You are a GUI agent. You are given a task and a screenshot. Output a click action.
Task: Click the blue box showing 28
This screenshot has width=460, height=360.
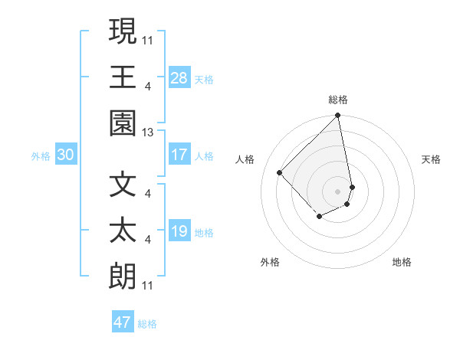[x=179, y=77]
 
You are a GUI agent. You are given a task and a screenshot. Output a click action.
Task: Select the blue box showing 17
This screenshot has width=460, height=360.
[x=179, y=155]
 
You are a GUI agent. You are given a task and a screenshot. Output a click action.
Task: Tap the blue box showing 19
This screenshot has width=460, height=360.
[x=179, y=231]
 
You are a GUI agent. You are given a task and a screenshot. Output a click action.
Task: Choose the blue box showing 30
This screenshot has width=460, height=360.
[x=66, y=155]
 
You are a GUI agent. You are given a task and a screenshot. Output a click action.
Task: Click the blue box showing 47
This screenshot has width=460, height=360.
[x=123, y=322]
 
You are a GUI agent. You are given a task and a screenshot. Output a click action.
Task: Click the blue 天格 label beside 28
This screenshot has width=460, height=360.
[x=204, y=80]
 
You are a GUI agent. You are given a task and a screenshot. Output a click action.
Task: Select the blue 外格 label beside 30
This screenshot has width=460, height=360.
[x=41, y=156]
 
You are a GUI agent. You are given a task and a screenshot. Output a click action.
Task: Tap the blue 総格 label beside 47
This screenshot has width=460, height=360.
[x=147, y=324]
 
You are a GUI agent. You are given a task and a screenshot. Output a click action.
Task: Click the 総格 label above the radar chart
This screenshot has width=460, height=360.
[x=338, y=100]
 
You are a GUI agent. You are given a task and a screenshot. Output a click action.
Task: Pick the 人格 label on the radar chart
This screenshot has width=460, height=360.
[x=245, y=159]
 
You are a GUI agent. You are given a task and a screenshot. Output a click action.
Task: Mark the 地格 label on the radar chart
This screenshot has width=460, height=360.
[x=402, y=262]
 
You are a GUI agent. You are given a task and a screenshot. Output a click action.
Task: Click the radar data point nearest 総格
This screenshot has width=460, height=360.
[x=338, y=116]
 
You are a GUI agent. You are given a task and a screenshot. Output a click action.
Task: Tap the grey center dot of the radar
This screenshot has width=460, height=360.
[x=338, y=191]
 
